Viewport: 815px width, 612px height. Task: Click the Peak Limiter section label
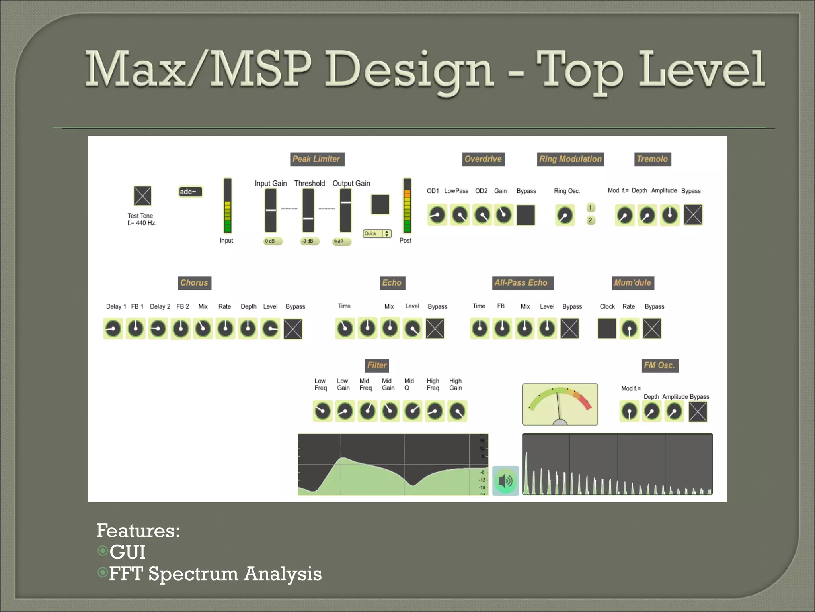pyautogui.click(x=317, y=159)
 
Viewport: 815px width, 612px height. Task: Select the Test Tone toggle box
pyautogui.click(x=142, y=196)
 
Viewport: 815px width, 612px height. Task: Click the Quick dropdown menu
pyautogui.click(x=377, y=234)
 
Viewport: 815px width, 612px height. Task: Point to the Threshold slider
pyautogui.click(x=308, y=210)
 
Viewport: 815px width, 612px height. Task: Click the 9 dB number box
pyautogui.click(x=341, y=241)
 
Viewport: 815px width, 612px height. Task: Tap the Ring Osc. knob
pyautogui.click(x=565, y=215)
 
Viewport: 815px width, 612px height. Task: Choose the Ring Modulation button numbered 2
pyautogui.click(x=591, y=220)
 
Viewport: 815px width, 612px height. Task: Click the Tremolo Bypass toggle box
pyautogui.click(x=693, y=215)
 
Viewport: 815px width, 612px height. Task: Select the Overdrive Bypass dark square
pyautogui.click(x=526, y=215)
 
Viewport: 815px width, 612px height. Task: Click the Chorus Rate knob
pyautogui.click(x=226, y=329)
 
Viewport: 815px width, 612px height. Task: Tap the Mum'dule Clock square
pyautogui.click(x=607, y=329)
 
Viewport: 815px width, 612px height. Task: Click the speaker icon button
pyautogui.click(x=505, y=481)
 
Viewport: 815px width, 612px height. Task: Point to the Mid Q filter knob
pyautogui.click(x=413, y=411)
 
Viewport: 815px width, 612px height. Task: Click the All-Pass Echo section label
pyautogui.click(x=521, y=283)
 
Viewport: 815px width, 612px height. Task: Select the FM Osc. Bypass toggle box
pyautogui.click(x=698, y=412)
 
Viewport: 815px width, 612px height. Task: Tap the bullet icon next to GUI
pyautogui.click(x=103, y=551)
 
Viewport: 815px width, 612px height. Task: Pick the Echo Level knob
pyautogui.click(x=412, y=329)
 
